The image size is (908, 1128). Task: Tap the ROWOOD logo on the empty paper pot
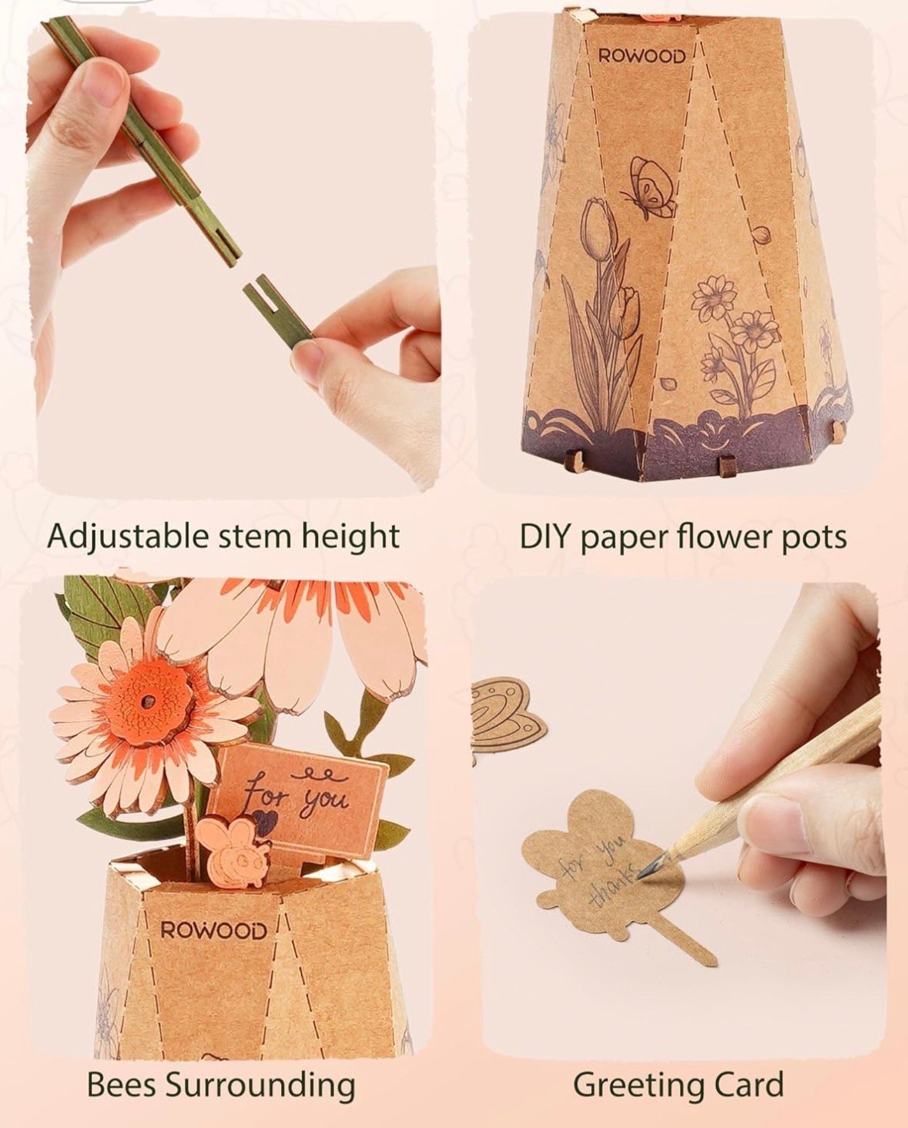click(642, 57)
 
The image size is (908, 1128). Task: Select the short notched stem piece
click(278, 310)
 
